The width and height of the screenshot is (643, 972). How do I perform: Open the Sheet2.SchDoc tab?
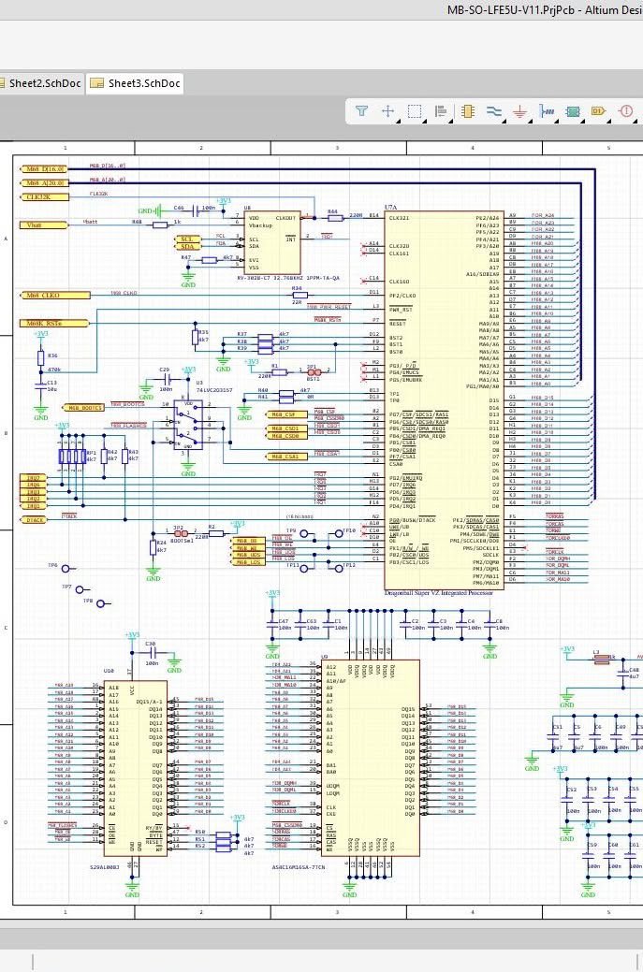pyautogui.click(x=43, y=83)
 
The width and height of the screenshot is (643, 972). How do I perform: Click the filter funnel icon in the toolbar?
pyautogui.click(x=361, y=111)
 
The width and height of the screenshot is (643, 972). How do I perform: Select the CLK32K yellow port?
pyautogui.click(x=44, y=197)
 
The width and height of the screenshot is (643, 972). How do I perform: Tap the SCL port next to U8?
pyautogui.click(x=187, y=239)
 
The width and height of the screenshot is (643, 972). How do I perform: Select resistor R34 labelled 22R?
pyautogui.click(x=296, y=295)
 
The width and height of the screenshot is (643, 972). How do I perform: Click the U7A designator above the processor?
pyautogui.click(x=391, y=208)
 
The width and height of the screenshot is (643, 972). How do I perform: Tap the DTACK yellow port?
pyautogui.click(x=36, y=519)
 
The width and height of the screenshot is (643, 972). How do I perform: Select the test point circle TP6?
pyautogui.click(x=66, y=567)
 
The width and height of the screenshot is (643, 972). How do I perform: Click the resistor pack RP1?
pyautogui.click(x=73, y=457)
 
